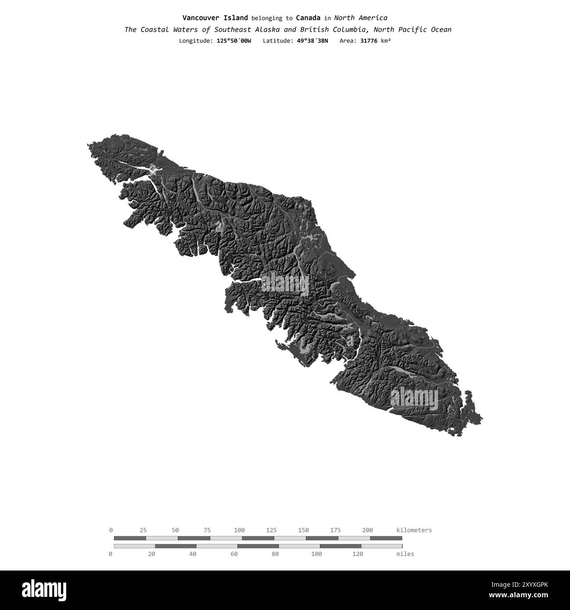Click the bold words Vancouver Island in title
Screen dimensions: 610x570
point(215,18)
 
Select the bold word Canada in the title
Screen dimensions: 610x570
point(308,18)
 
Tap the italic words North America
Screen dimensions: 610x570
point(360,18)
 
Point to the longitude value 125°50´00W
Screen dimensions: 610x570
point(234,41)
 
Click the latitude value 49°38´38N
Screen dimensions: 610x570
point(310,41)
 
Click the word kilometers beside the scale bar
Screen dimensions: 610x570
point(414,530)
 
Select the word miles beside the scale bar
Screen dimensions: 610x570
point(405,554)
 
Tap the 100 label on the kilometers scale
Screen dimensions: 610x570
point(239,530)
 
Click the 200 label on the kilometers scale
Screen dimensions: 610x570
point(367,530)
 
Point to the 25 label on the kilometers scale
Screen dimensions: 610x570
point(143,530)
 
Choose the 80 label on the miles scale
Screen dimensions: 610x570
point(275,554)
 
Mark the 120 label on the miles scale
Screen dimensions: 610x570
point(358,554)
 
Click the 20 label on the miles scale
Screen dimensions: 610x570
point(152,554)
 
